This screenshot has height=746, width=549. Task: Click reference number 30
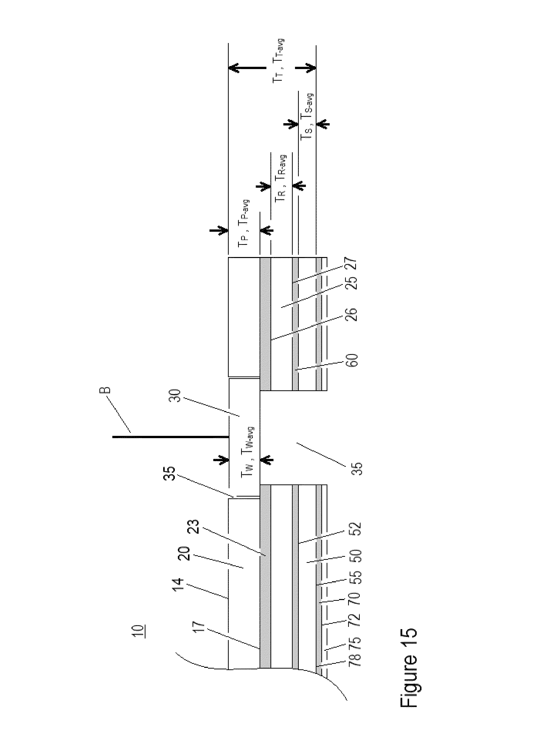tap(175, 395)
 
